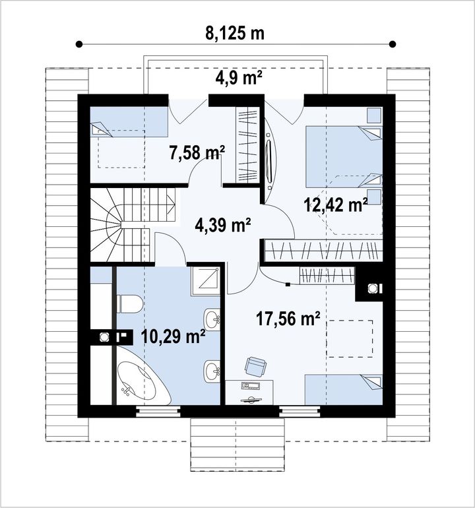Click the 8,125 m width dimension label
pos(235,33)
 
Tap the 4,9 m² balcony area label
pos(239,78)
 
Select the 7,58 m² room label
pos(197,152)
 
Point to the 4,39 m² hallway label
pos(223,224)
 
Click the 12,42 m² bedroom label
pos(336,205)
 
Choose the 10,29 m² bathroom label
pos(174,336)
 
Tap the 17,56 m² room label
pos(288,319)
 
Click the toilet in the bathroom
pos(129,304)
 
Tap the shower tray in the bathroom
pos(206,280)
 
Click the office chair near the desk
pos(256,366)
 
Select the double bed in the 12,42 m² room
pos(344,157)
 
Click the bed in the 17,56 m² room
pos(344,389)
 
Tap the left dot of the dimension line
pos(79,44)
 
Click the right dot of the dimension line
pos(393,44)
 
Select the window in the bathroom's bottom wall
pos(158,411)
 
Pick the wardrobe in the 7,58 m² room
pos(247,145)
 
